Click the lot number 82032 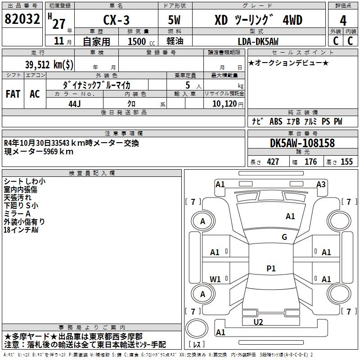(x=22, y=20)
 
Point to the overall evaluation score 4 (x=343, y=21)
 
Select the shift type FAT (x=13, y=94)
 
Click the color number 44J (x=75, y=103)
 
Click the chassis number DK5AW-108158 (x=302, y=143)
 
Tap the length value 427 (x=273, y=162)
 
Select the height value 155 (x=346, y=162)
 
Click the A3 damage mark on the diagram (x=321, y=184)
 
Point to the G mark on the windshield (x=284, y=237)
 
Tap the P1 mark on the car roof (x=271, y=269)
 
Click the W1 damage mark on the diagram (x=216, y=279)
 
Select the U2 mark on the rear (x=258, y=322)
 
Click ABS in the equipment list (x=275, y=121)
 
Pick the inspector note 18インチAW (x=21, y=229)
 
